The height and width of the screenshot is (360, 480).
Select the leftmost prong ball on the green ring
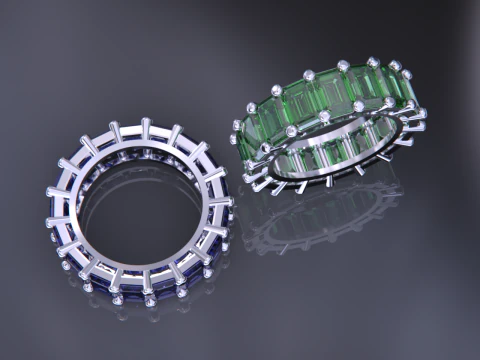235,126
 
